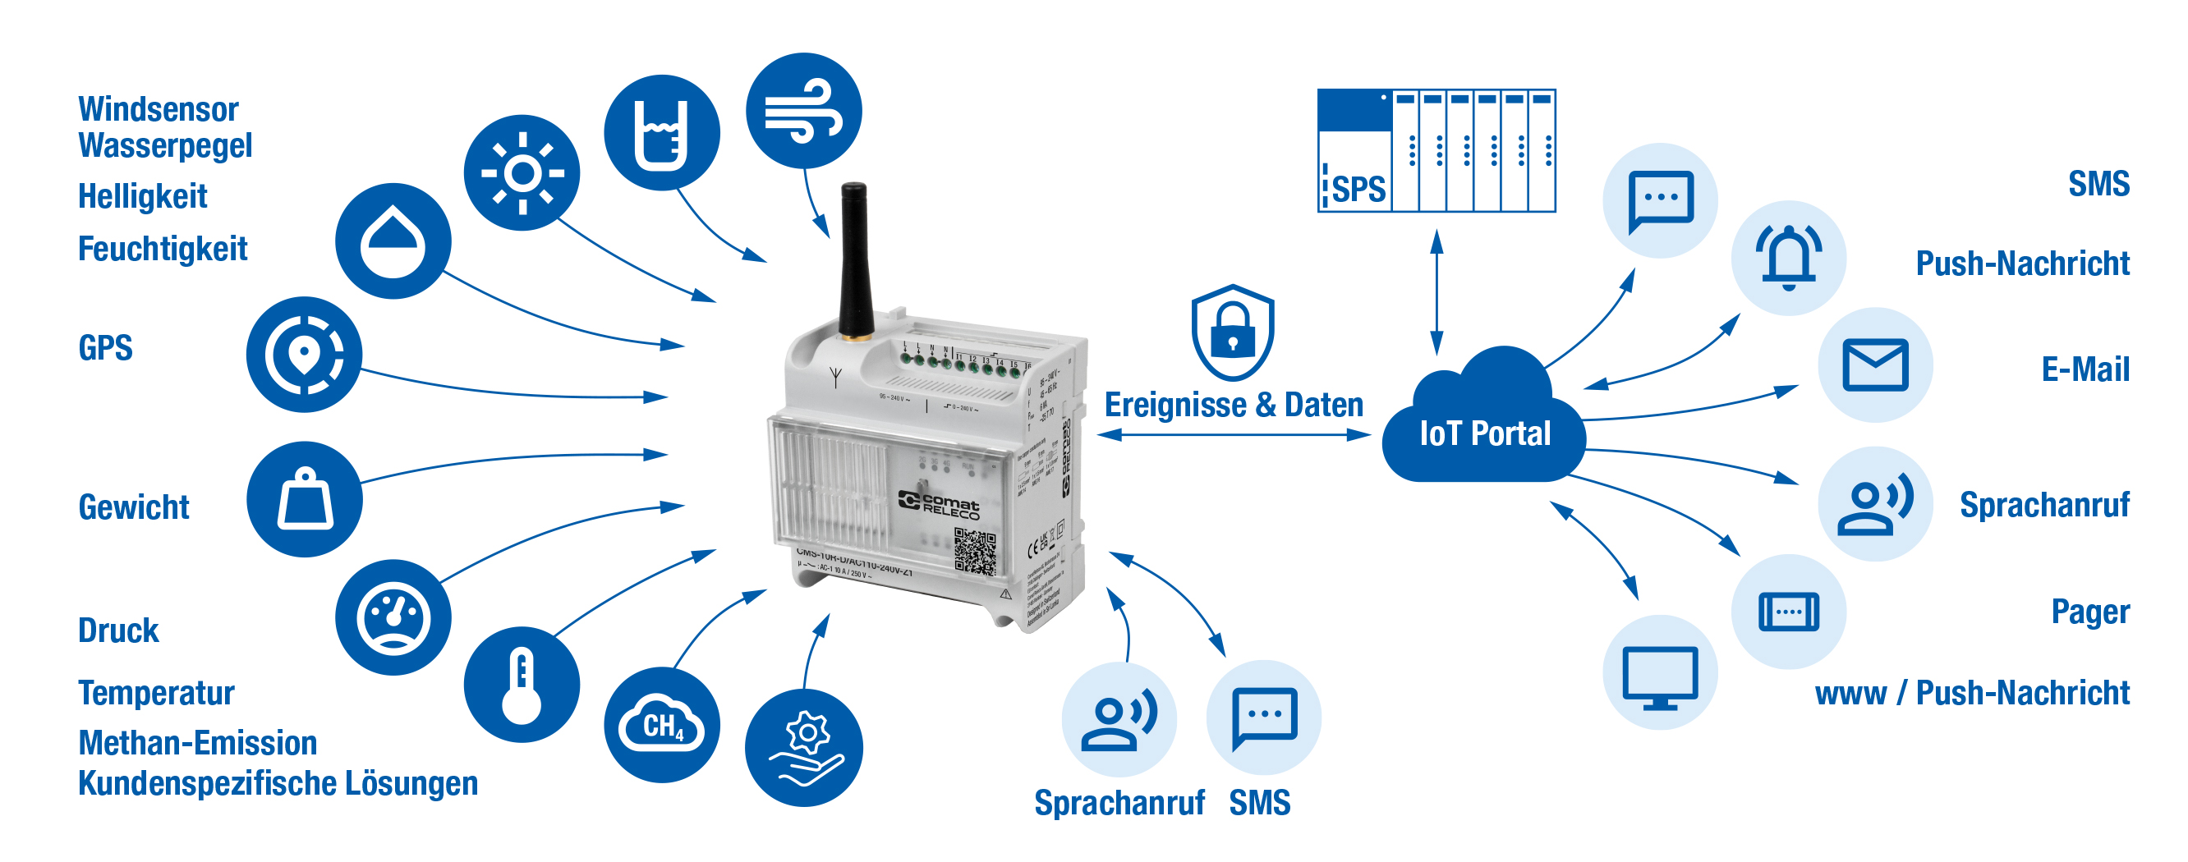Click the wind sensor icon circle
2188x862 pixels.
tap(803, 112)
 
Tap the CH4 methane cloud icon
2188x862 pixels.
tap(662, 725)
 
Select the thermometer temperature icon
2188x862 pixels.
tap(522, 685)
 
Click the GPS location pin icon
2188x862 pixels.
tap(304, 354)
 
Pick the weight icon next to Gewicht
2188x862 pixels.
tap(304, 499)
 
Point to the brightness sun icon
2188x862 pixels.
tap(522, 173)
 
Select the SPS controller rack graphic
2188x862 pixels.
tap(1436, 150)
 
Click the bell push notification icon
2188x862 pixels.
tap(1788, 257)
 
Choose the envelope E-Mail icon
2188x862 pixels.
tap(1874, 365)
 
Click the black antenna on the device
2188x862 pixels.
tap(853, 259)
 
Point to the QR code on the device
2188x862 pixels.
tap(974, 551)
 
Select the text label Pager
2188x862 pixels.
tap(2089, 612)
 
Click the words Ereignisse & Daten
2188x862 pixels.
tap(1234, 405)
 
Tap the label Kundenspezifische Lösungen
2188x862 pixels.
tap(278, 783)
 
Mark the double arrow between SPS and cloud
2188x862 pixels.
tap(1436, 292)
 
